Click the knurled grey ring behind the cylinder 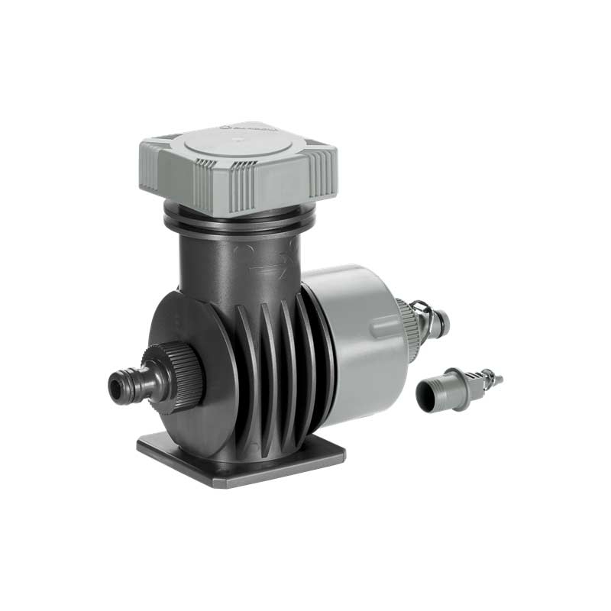(405, 328)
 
